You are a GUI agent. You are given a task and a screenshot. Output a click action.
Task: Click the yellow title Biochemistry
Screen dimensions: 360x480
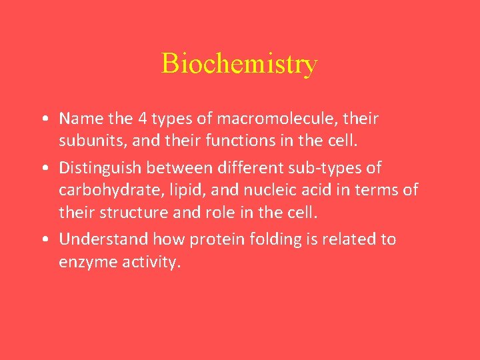click(239, 64)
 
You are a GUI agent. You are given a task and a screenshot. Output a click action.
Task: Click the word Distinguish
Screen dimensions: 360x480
click(101, 167)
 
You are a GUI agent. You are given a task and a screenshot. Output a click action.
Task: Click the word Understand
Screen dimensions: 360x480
click(103, 239)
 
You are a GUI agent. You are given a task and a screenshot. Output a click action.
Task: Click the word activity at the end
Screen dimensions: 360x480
click(151, 263)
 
